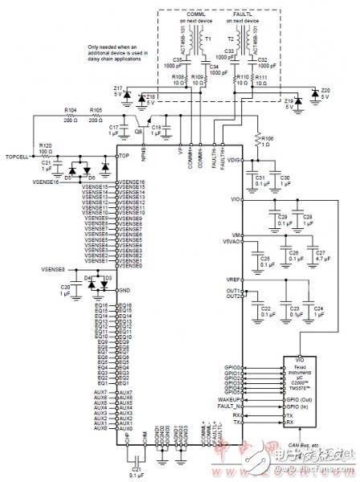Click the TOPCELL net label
pos(17,156)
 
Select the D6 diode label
pos(90,177)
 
